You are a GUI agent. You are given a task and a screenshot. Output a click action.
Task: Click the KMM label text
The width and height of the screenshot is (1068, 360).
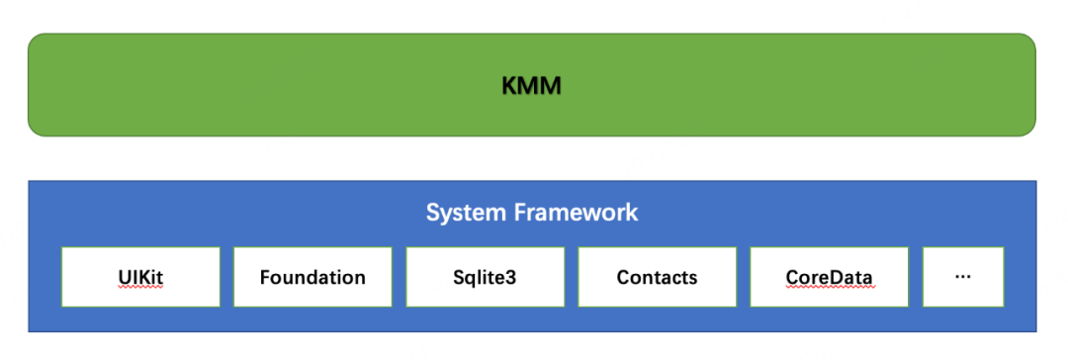(x=531, y=86)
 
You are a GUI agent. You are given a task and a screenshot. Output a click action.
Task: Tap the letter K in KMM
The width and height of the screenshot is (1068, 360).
(x=509, y=86)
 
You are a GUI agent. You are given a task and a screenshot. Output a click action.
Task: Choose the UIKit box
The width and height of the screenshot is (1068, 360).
(x=139, y=277)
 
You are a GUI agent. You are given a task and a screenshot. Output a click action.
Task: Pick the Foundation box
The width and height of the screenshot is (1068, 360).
(x=312, y=277)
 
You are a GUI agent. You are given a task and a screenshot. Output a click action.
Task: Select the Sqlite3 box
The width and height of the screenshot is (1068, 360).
(x=485, y=277)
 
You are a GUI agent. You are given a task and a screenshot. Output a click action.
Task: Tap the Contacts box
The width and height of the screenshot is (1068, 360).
(x=657, y=277)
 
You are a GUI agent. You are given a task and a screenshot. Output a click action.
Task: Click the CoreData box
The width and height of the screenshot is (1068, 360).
(x=829, y=277)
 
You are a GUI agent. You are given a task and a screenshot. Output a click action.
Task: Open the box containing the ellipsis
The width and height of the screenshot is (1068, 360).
(x=963, y=277)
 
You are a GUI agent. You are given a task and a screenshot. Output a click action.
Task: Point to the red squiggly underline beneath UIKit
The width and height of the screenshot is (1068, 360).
(x=139, y=288)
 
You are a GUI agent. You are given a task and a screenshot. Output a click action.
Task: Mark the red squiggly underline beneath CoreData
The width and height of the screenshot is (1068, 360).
(x=829, y=288)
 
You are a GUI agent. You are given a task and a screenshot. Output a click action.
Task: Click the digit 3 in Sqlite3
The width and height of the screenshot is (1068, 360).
(x=510, y=277)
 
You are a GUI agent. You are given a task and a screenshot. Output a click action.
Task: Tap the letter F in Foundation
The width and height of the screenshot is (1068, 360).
(x=265, y=277)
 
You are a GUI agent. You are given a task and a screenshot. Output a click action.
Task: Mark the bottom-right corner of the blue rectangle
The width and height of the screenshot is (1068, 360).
(x=1035, y=330)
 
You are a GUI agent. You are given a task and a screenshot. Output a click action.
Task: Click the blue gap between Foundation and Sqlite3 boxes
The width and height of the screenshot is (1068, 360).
(x=399, y=277)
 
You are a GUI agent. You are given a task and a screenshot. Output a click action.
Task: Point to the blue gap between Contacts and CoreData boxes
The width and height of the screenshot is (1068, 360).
(x=743, y=277)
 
